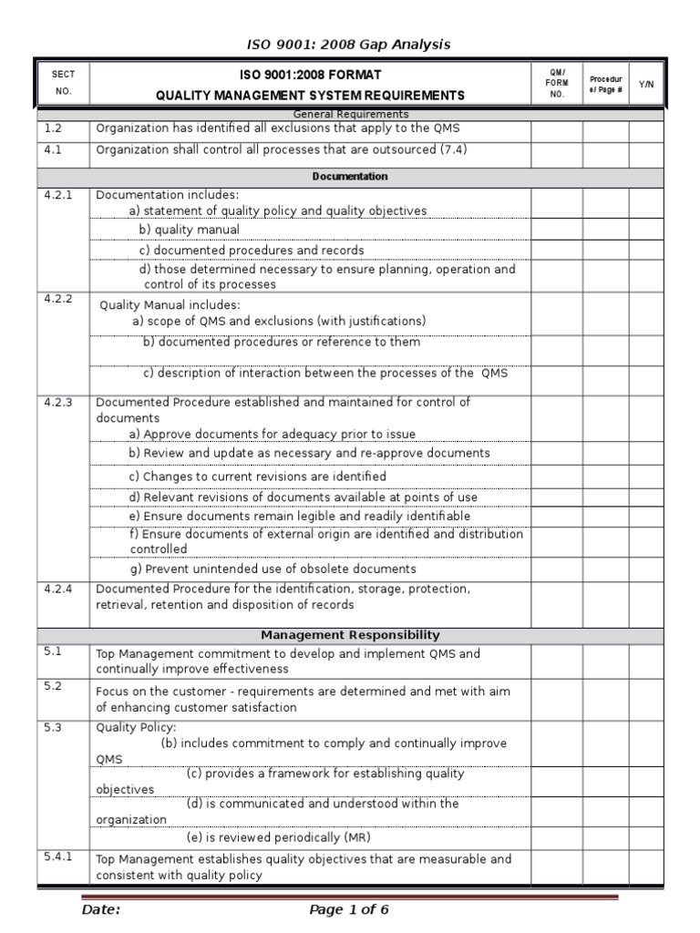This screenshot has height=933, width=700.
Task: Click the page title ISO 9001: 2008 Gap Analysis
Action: click(349, 44)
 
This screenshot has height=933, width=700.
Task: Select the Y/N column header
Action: click(646, 84)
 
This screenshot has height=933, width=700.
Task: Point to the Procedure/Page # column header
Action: click(605, 84)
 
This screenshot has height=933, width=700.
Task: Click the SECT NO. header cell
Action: click(63, 83)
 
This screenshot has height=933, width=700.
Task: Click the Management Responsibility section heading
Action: click(349, 635)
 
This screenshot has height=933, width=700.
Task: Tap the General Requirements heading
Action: click(349, 114)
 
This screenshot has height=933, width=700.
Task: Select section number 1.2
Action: click(52, 128)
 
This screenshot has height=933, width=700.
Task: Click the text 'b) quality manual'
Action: click(189, 230)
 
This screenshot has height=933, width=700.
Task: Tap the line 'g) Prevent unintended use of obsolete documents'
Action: click(273, 569)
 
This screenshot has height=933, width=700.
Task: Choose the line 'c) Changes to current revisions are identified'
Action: click(257, 477)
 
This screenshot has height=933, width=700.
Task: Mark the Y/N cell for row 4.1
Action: click(646, 151)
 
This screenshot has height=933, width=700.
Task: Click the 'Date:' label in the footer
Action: click(101, 909)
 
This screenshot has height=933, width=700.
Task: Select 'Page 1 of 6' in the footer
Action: click(349, 909)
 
